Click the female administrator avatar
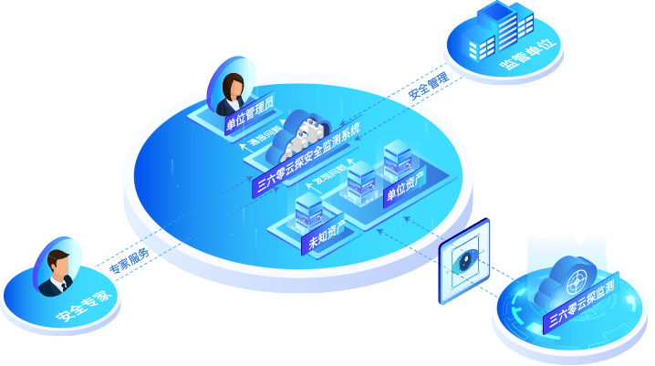pos(232,84)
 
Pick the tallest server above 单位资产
pos(395,159)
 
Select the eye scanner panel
pos(464,259)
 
